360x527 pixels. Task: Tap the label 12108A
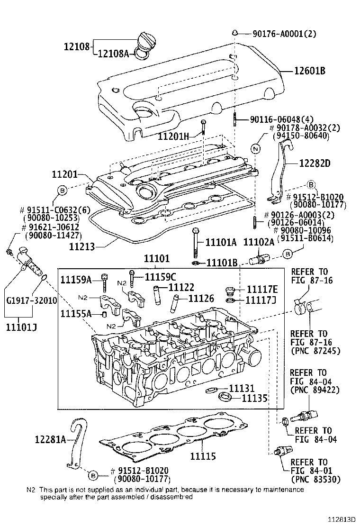[x=113, y=54]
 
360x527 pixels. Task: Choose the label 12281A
[x=50, y=440]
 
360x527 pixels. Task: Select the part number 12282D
[x=315, y=164]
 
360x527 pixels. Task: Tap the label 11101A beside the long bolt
[x=221, y=243]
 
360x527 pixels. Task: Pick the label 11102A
[x=259, y=243]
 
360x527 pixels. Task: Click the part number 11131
[x=242, y=389]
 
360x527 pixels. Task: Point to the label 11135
[x=255, y=399]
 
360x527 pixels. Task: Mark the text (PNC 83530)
[x=313, y=480]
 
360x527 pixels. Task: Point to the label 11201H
[x=173, y=136]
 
